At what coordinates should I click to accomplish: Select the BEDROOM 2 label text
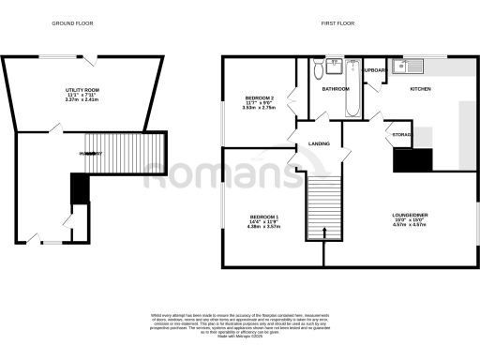coord(259,97)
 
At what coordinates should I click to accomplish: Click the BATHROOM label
coord(335,89)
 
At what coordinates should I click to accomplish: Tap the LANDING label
coord(319,142)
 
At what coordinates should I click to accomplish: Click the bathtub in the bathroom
coord(352,92)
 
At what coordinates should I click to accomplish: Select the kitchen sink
coord(410,67)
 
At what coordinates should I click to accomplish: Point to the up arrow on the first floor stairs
coord(325,233)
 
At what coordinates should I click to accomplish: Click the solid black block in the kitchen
coord(412,161)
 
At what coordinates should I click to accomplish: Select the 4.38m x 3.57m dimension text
coord(259,227)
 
